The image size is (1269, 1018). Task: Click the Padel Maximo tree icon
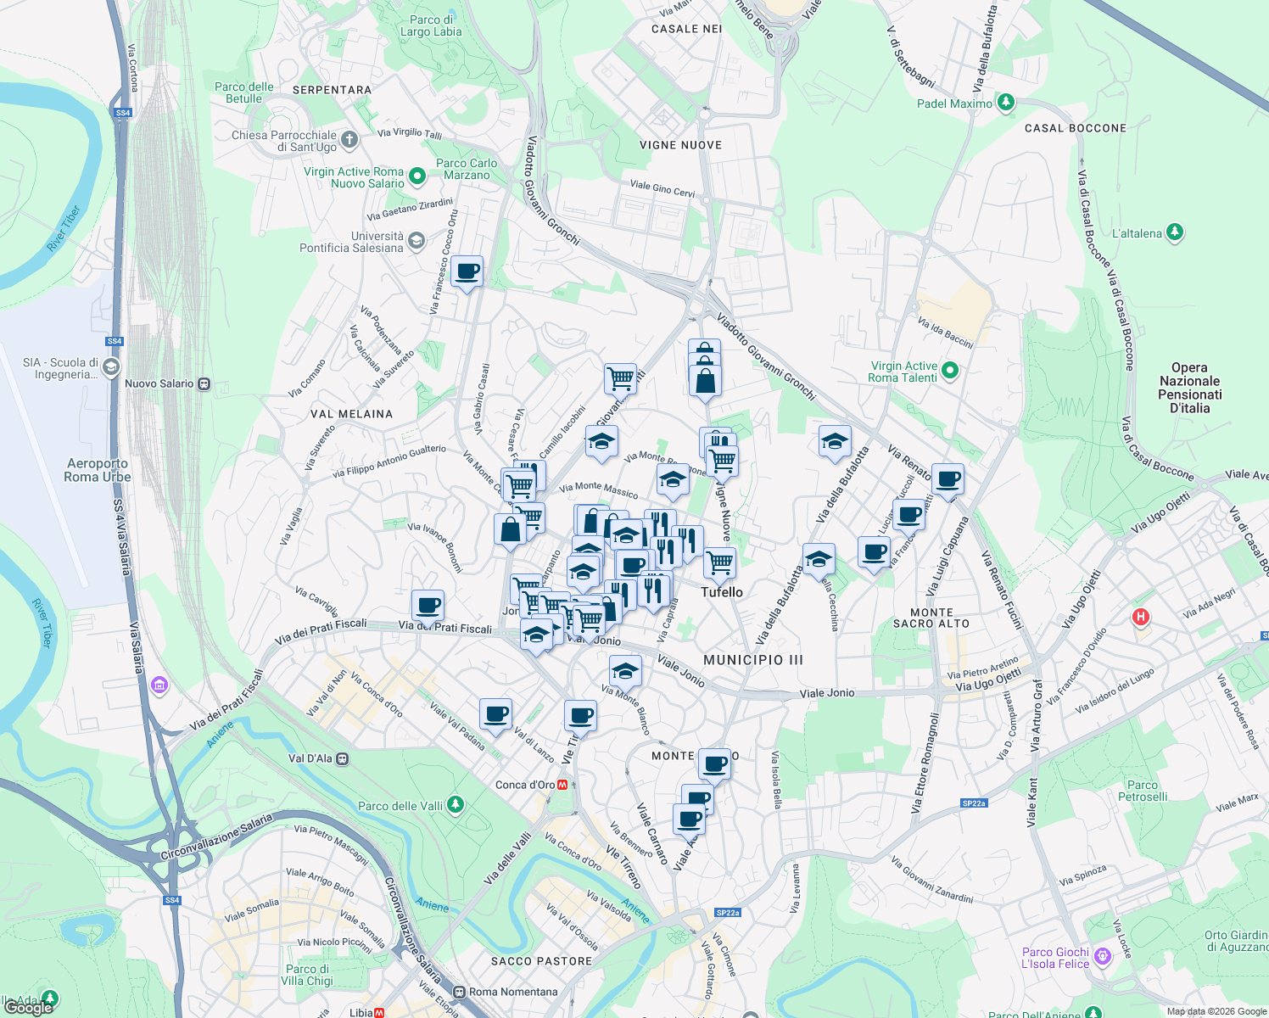[x=1005, y=103]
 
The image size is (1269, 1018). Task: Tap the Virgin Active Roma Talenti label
[x=904, y=372]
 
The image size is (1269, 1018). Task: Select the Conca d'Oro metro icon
[x=563, y=785]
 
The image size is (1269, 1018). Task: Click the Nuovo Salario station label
[x=159, y=383]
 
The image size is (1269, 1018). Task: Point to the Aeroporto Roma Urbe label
[x=98, y=470]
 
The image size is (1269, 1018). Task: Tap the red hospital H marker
[x=1141, y=617]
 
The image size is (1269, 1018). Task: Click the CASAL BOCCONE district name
[x=1076, y=128]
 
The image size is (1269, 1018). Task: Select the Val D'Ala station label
[x=310, y=758]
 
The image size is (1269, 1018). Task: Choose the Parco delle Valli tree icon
[x=456, y=803]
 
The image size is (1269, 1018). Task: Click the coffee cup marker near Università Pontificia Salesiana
[x=467, y=272]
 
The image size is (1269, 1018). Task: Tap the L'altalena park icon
[x=1175, y=232]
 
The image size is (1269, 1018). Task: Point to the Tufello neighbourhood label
[x=722, y=592]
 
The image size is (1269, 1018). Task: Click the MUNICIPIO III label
[x=753, y=659]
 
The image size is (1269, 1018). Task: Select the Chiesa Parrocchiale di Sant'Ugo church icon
[x=349, y=138]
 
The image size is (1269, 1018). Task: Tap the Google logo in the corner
[x=29, y=1008]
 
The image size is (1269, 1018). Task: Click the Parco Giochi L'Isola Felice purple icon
[x=1102, y=957]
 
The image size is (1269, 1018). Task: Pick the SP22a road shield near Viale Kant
[x=974, y=803]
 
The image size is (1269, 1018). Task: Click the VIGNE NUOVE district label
[x=680, y=145]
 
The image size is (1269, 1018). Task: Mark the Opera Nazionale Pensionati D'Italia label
[x=1189, y=388]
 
